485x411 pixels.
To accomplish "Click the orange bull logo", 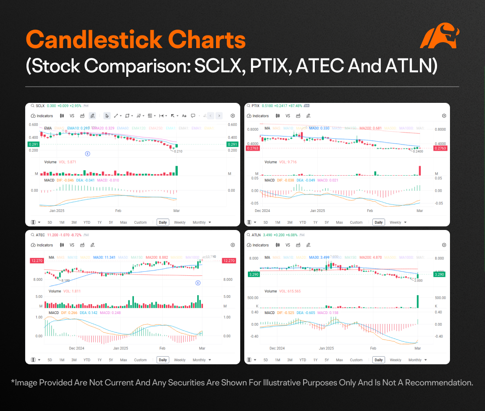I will click(x=439, y=37).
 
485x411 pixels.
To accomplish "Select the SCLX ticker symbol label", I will click(x=40, y=106).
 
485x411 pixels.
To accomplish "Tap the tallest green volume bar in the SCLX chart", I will click(x=176, y=171).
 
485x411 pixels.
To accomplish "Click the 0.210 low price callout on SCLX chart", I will click(x=178, y=151).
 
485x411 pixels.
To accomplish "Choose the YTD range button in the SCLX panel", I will click(x=87, y=222).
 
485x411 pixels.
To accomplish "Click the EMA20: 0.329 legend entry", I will click(x=103, y=128).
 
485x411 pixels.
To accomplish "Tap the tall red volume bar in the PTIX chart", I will click(x=419, y=171).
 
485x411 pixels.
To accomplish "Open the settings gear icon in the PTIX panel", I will click(x=444, y=115).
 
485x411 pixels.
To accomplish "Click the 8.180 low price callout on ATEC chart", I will click(x=65, y=281).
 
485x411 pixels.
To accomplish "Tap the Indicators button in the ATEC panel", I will click(x=42, y=245).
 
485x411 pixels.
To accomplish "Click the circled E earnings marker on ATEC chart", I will click(x=198, y=283).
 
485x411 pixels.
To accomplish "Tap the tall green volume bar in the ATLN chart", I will click(x=418, y=301).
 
